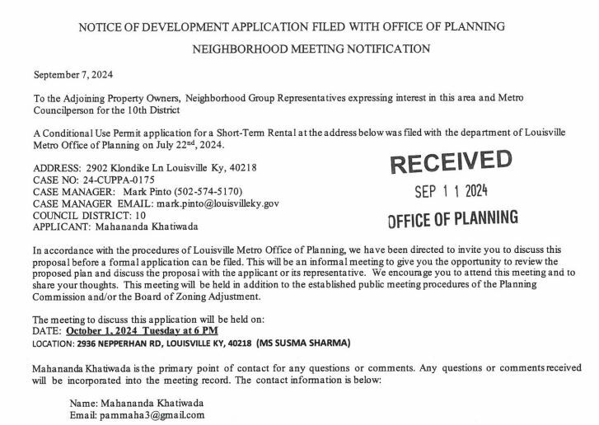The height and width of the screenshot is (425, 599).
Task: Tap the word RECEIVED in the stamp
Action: (450, 161)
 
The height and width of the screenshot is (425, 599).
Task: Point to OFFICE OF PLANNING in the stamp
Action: (452, 218)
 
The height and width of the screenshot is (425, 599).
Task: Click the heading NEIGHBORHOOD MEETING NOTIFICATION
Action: (311, 49)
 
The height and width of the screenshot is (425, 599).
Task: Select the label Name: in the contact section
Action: (83, 404)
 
